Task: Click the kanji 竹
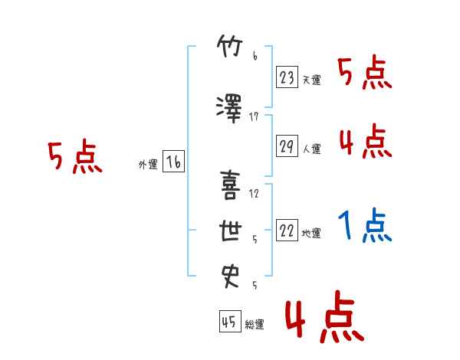point(230,46)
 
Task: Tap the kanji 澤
point(229,109)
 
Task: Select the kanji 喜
point(230,185)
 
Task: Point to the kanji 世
point(231,231)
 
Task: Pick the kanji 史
point(230,277)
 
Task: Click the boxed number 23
point(287,77)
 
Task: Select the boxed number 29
point(287,146)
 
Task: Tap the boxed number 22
point(287,230)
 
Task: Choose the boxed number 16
point(174,162)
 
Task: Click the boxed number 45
point(230,321)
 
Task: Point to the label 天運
point(312,80)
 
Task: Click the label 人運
point(312,149)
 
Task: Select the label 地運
point(311,234)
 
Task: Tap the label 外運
point(148,165)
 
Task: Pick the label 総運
point(255,324)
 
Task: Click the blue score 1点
point(365,225)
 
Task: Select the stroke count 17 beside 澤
point(254,117)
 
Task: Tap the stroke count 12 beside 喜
point(254,194)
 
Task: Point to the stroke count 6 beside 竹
point(255,55)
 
